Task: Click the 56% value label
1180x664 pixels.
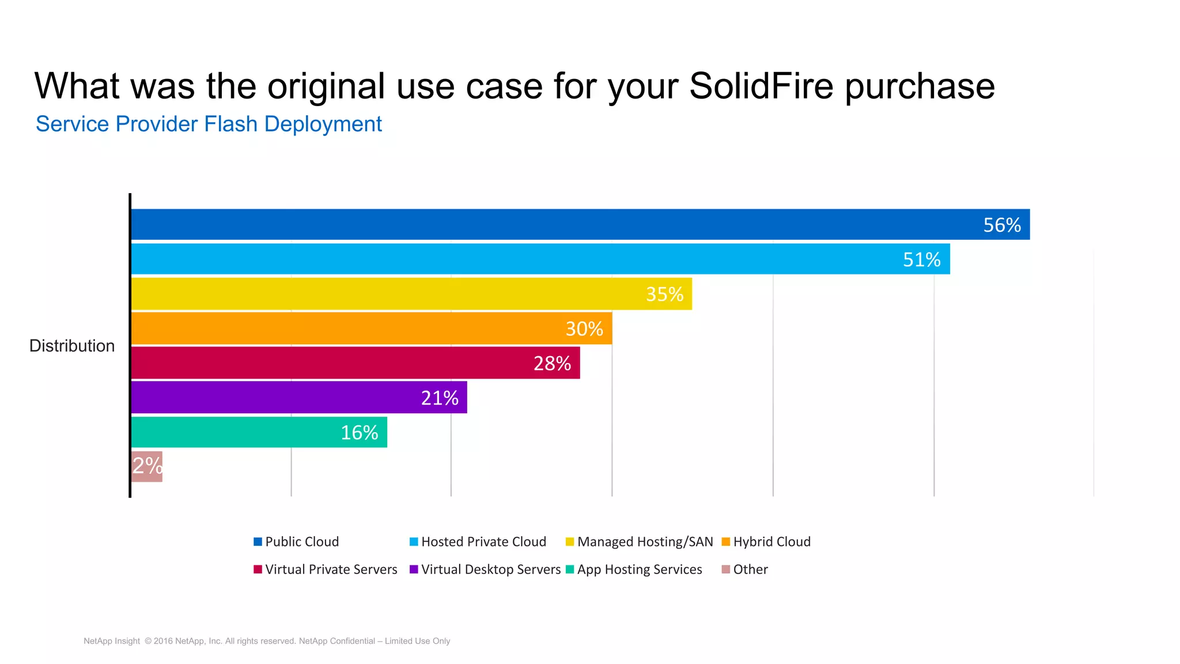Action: click(x=1001, y=225)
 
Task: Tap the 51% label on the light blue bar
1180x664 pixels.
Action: click(x=921, y=259)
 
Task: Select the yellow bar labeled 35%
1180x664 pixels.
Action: click(x=411, y=294)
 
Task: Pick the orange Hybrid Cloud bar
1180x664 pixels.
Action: click(x=371, y=329)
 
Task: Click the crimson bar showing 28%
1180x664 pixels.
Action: click(x=355, y=363)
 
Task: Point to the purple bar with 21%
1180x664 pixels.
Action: click(x=298, y=398)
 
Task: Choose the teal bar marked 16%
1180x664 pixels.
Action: click(x=259, y=432)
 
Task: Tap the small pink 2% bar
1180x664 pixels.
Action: click(x=147, y=466)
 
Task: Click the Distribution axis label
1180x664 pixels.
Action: click(x=72, y=346)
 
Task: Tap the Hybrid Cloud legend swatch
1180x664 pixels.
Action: click(x=726, y=542)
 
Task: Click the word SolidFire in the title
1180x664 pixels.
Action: click(x=761, y=86)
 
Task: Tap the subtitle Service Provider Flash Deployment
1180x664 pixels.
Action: click(x=209, y=124)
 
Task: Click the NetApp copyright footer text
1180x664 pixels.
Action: click(x=267, y=641)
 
